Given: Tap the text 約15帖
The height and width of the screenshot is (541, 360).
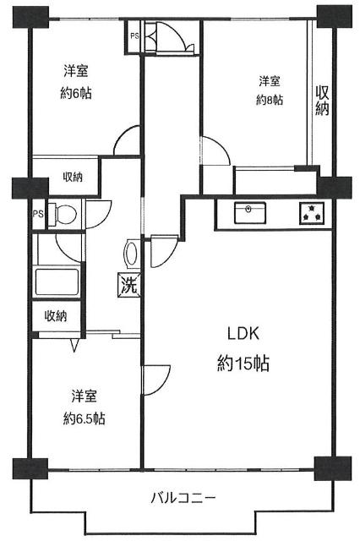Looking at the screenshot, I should [x=243, y=363].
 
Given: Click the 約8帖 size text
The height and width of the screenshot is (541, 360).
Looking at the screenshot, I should [x=270, y=100].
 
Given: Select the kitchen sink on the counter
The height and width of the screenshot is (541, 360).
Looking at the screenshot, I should [x=248, y=210].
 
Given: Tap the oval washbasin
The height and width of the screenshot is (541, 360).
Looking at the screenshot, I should [x=132, y=254].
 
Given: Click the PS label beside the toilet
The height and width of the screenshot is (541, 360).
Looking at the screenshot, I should [x=38, y=214].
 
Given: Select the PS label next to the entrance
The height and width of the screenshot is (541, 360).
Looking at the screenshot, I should [x=134, y=36].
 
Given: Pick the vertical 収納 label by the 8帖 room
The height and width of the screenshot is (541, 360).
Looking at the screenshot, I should [x=322, y=101].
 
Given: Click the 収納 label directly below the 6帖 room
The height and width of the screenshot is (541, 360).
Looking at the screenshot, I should [x=73, y=177].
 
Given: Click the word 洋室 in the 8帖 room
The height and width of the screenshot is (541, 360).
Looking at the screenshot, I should [x=270, y=81].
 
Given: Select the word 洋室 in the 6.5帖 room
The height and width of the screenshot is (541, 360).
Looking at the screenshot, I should [x=83, y=396].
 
